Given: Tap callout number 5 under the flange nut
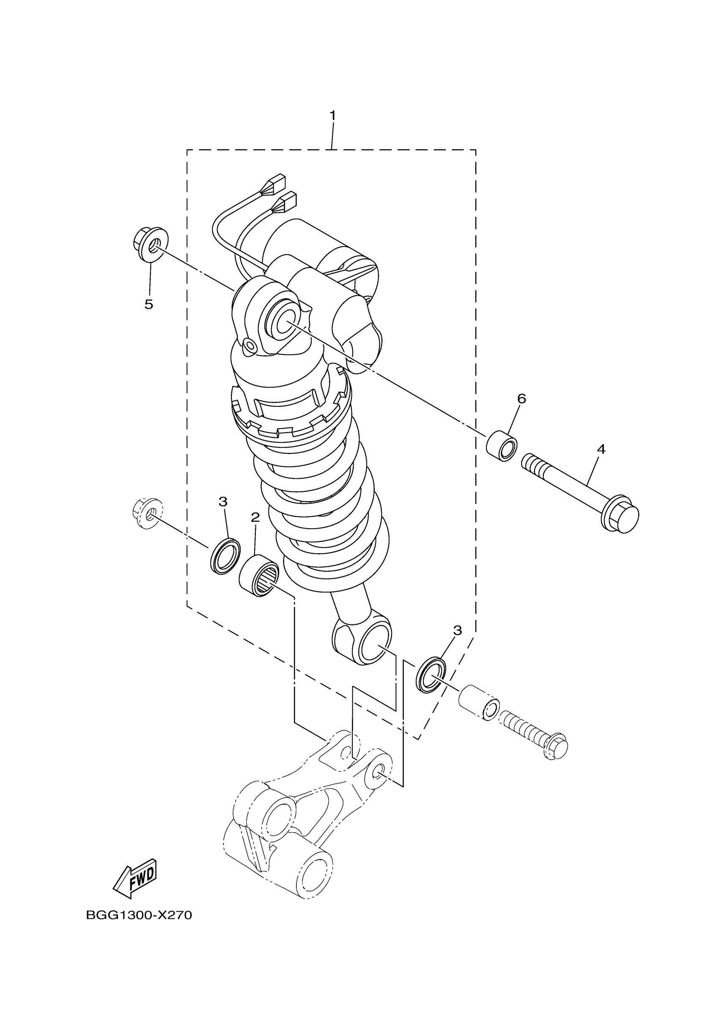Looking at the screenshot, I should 149,304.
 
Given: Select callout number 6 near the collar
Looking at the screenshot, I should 521,399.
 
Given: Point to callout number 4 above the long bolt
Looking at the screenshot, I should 601,449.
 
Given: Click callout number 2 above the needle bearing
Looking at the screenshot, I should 255,517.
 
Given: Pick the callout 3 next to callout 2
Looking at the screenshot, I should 223,502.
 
